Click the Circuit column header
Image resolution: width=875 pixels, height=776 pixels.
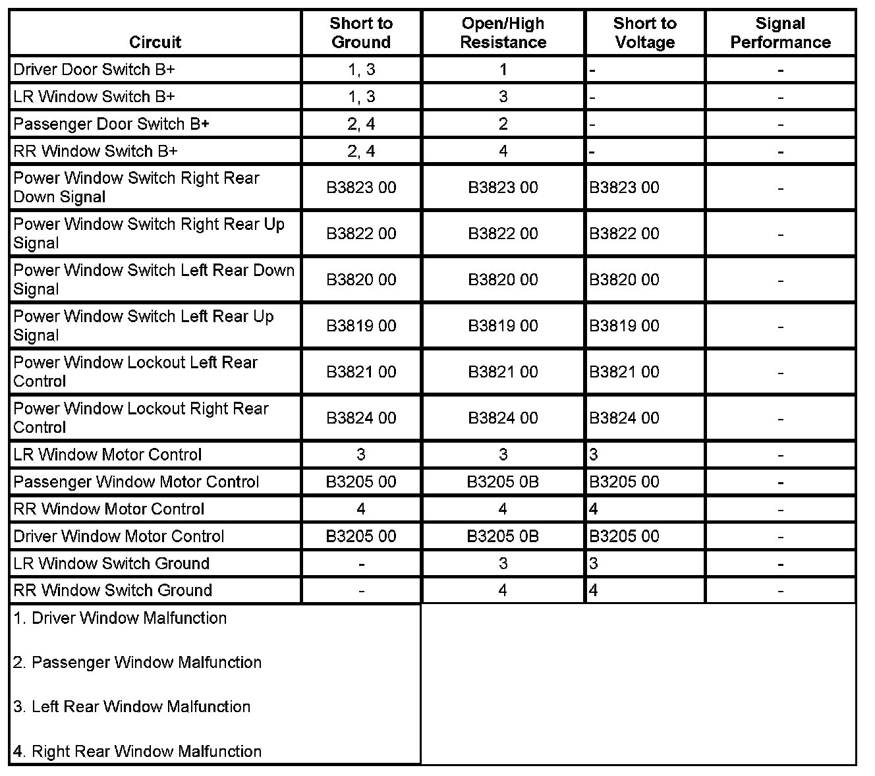pyautogui.click(x=155, y=42)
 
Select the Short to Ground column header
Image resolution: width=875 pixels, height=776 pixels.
pyautogui.click(x=361, y=33)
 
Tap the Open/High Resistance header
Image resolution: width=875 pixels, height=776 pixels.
pyautogui.click(x=503, y=33)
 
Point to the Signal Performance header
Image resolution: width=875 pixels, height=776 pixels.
pyautogui.click(x=780, y=33)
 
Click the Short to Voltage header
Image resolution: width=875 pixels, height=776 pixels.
pyautogui.click(x=644, y=33)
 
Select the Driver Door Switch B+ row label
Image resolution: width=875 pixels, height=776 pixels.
pyautogui.click(x=94, y=70)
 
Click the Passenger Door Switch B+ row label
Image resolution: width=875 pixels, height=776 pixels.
pyautogui.click(x=111, y=124)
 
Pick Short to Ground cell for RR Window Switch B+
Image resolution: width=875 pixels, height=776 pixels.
pyautogui.click(x=361, y=152)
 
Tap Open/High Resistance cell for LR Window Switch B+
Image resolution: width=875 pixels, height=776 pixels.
pyautogui.click(x=503, y=97)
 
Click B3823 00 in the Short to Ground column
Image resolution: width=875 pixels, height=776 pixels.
pyautogui.click(x=361, y=188)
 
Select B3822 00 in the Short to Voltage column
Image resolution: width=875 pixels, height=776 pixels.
pyautogui.click(x=624, y=234)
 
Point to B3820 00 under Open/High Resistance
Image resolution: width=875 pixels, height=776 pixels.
pyautogui.click(x=503, y=280)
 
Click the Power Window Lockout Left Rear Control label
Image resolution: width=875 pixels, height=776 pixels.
pyautogui.click(x=135, y=372)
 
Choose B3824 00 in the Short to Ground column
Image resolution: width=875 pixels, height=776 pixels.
pyautogui.click(x=361, y=418)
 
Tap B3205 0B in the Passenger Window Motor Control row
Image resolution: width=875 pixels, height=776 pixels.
pyautogui.click(x=503, y=482)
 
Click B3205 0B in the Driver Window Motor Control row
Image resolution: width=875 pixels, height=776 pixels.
pyautogui.click(x=503, y=536)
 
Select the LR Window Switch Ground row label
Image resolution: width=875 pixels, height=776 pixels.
pyautogui.click(x=111, y=564)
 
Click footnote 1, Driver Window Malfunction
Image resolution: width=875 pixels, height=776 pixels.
pyautogui.click(x=120, y=619)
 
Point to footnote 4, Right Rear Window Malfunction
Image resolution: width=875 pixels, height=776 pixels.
pyautogui.click(x=137, y=752)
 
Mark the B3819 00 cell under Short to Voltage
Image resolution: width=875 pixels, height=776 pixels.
pyautogui.click(x=624, y=326)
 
